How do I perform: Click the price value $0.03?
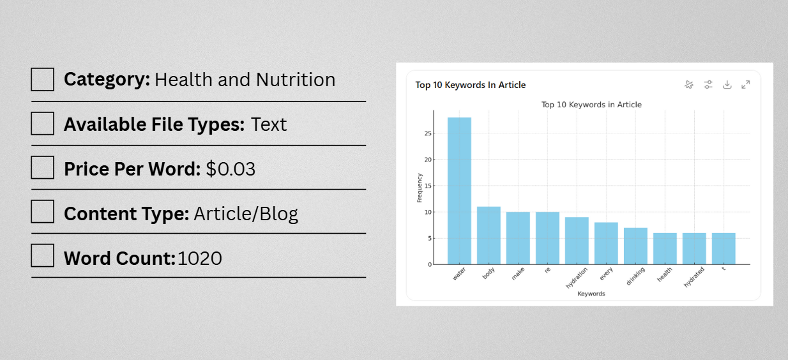click(x=231, y=169)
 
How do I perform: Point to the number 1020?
click(x=200, y=259)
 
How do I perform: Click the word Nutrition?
click(x=296, y=80)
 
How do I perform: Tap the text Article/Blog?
click(x=246, y=214)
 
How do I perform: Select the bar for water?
click(x=459, y=191)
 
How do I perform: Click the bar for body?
click(x=489, y=236)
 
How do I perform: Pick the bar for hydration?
click(x=577, y=241)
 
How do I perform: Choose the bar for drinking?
click(x=635, y=246)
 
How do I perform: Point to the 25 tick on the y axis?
click(x=428, y=133)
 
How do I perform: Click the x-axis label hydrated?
click(x=694, y=277)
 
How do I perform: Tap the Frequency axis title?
click(x=420, y=188)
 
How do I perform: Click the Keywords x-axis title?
click(x=591, y=294)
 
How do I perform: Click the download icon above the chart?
click(x=727, y=85)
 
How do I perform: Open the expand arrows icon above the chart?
click(x=745, y=85)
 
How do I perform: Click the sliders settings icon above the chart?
click(x=708, y=85)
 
